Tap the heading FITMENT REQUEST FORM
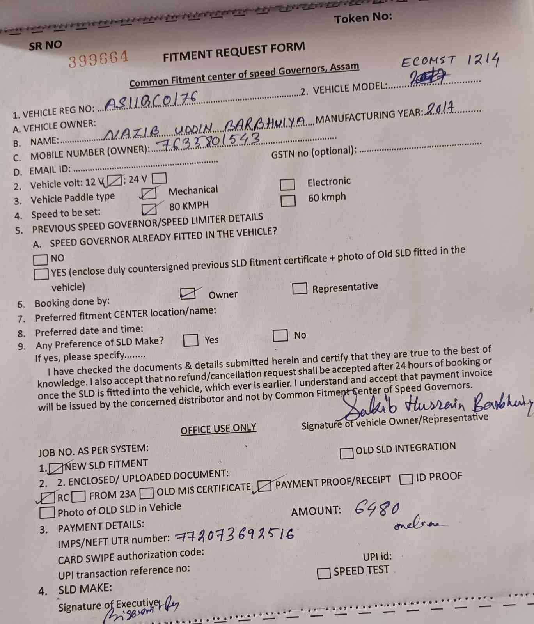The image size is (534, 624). [x=234, y=52]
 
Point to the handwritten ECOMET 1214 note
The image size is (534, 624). [x=450, y=61]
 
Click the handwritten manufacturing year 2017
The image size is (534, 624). [x=440, y=108]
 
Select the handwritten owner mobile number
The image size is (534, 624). [x=211, y=141]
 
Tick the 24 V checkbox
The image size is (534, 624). [x=159, y=178]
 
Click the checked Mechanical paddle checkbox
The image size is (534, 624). [x=149, y=193]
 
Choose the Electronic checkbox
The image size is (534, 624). [x=287, y=184]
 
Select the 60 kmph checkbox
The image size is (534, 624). [x=288, y=200]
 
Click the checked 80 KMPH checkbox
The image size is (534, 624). [x=149, y=209]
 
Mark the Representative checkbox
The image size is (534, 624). [x=299, y=289]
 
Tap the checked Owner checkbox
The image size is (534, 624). [x=188, y=293]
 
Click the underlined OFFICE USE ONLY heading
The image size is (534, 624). [x=218, y=429]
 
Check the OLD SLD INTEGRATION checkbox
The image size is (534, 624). [x=346, y=453]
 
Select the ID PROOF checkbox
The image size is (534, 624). [x=406, y=479]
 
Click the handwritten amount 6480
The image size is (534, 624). [x=377, y=509]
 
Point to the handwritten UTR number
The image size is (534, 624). [x=234, y=535]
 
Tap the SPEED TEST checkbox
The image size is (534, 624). [x=324, y=573]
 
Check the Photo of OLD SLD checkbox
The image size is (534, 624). [x=47, y=512]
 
